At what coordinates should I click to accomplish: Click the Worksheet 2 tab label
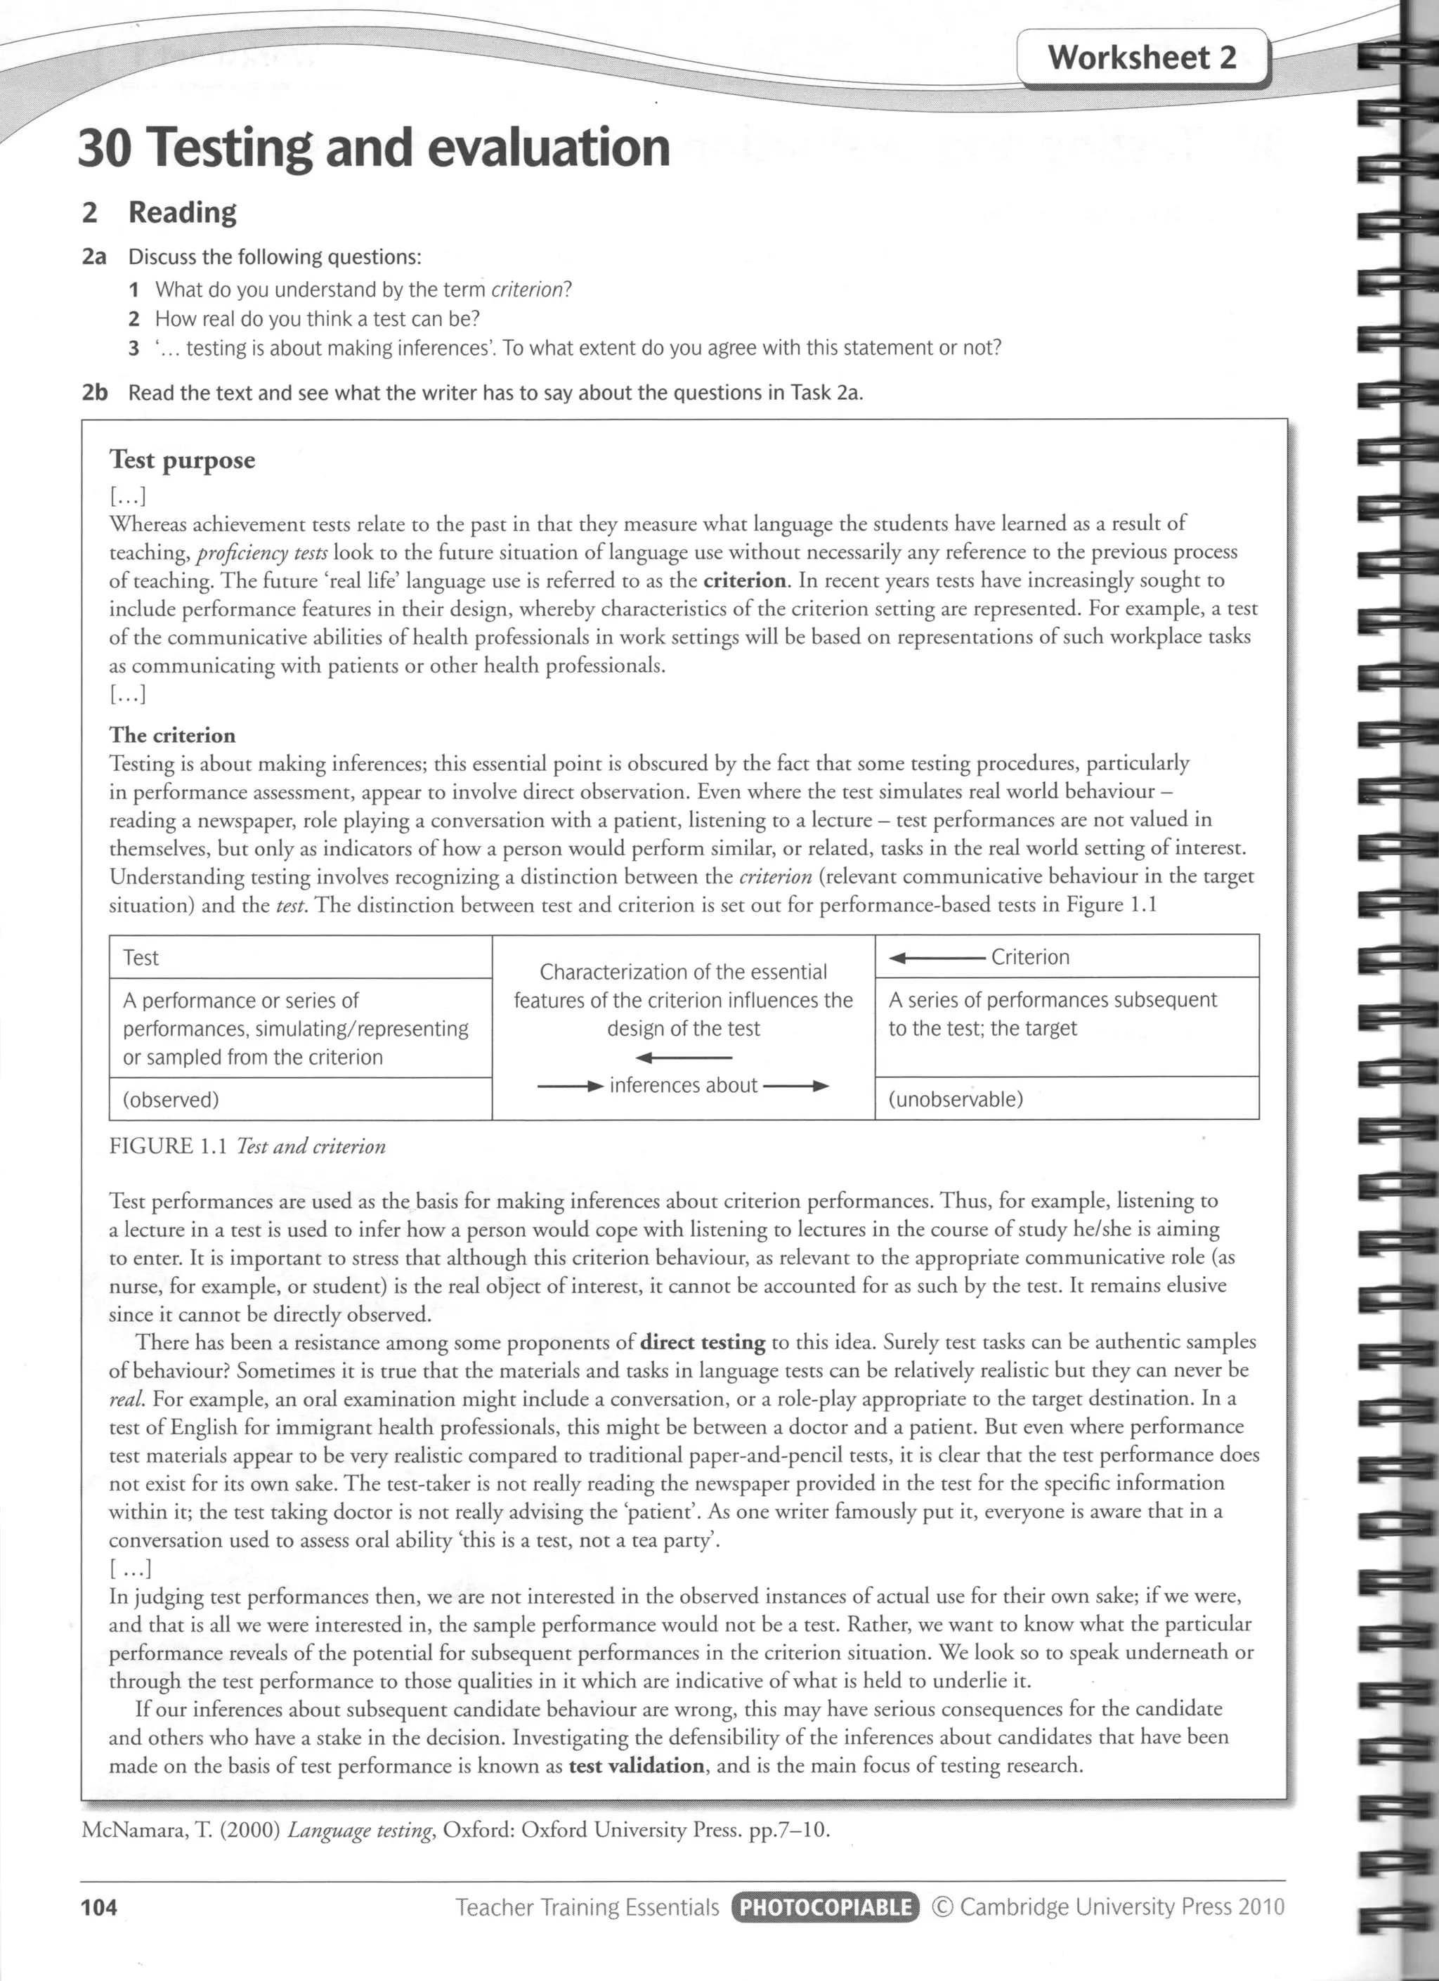click(1142, 58)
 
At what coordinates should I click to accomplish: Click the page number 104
click(98, 1907)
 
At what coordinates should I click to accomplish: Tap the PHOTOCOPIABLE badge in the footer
click(825, 1907)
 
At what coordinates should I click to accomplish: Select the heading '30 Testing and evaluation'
click(374, 148)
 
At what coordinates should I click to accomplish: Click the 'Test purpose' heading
click(183, 460)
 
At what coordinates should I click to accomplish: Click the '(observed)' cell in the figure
click(171, 1100)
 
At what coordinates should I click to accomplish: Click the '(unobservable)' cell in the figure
click(956, 1099)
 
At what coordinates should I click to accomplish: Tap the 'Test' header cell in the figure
click(141, 957)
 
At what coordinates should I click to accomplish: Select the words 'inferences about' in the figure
click(683, 1086)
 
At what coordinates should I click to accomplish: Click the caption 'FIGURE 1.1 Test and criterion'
click(247, 1147)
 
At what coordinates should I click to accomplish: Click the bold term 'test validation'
click(636, 1765)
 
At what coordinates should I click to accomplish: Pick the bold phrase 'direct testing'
click(702, 1342)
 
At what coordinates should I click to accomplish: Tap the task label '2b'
click(94, 393)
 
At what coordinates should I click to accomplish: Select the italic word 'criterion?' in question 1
click(531, 290)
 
